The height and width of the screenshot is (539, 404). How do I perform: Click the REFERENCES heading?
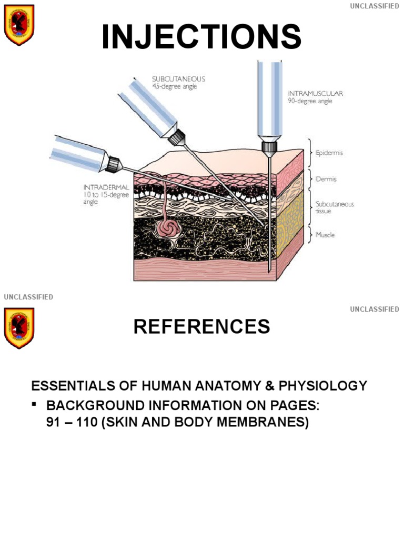(201, 327)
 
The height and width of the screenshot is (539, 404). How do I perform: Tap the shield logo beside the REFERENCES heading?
(19, 328)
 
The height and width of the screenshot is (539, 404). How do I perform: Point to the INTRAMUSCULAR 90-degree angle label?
(315, 97)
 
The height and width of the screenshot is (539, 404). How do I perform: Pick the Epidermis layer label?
(329, 153)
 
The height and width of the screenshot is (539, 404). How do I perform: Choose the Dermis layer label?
(326, 179)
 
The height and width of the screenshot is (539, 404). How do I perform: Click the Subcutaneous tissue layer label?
(334, 207)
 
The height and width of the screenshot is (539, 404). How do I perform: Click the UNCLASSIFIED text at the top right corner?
(375, 6)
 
